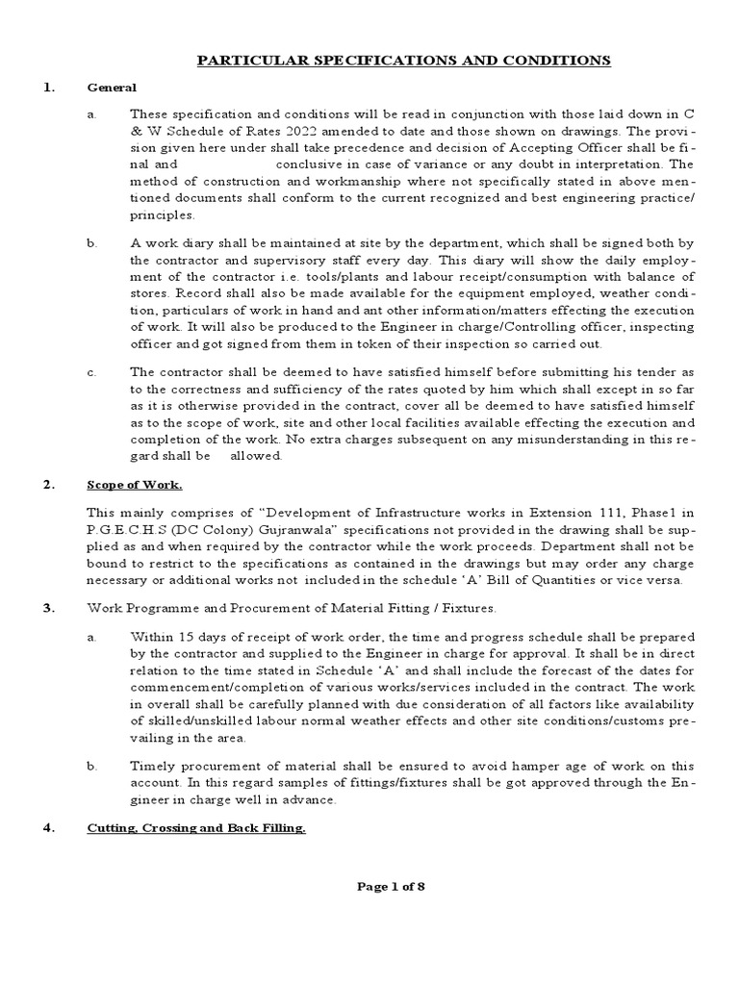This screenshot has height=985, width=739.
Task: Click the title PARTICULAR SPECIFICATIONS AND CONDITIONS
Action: [403, 61]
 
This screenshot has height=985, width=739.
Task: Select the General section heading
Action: [113, 88]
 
